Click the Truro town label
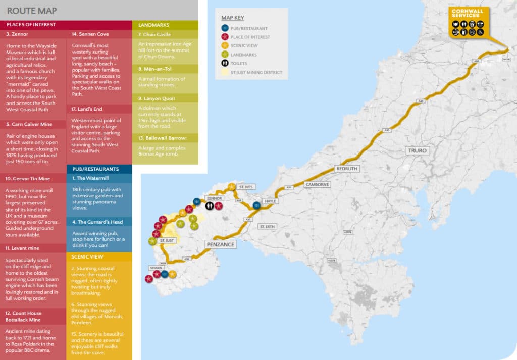click(418, 150)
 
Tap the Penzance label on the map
click(221, 244)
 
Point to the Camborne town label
click(317, 185)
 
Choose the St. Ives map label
click(246, 187)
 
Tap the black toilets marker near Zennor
click(210, 206)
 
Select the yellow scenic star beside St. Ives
click(231, 187)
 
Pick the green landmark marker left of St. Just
click(152, 241)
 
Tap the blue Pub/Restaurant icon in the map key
click(225, 28)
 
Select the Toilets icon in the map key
click(225, 63)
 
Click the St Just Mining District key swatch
click(225, 72)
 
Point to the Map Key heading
click(233, 17)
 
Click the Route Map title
click(32, 11)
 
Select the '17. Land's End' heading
click(85, 109)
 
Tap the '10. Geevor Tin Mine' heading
click(28, 178)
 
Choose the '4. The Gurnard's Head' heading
click(94, 222)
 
